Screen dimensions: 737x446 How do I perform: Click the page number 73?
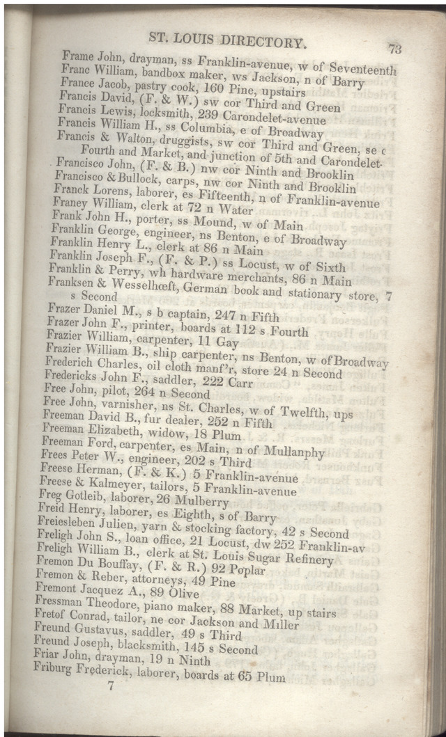394,49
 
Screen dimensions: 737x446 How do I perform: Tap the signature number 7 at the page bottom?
109,686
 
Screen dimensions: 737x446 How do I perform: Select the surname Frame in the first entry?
77,56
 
